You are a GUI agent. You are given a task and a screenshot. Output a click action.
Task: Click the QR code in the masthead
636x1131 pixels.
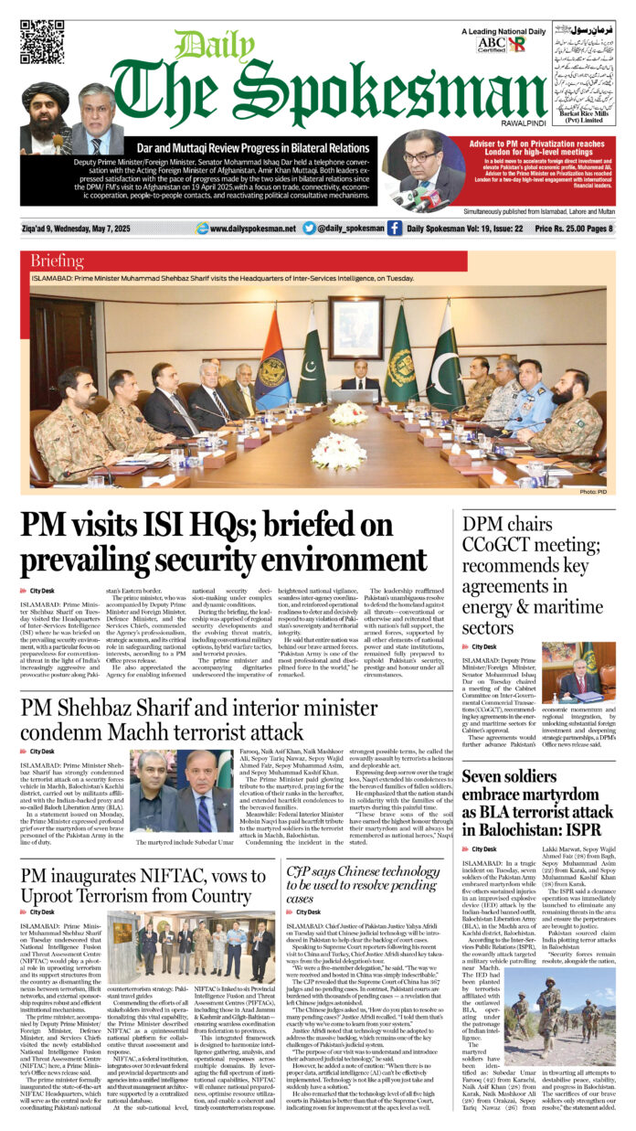[x=42, y=42]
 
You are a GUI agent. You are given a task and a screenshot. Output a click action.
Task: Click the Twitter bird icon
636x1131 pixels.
[x=310, y=229]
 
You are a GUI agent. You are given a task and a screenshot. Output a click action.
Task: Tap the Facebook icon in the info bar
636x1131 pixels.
[x=394, y=229]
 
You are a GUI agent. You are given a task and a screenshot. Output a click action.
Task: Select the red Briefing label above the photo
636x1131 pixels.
[x=58, y=261]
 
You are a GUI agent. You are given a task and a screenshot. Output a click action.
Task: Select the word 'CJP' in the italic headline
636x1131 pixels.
[x=300, y=873]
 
